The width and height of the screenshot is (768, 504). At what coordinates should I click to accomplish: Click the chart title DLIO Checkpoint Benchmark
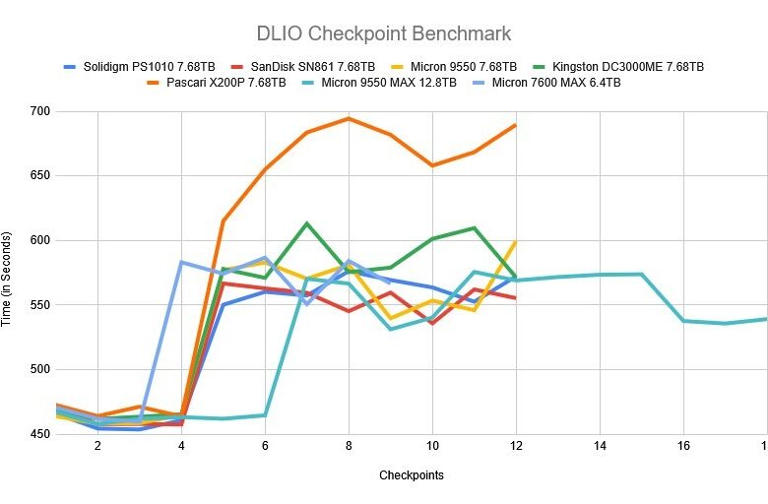pyautogui.click(x=384, y=33)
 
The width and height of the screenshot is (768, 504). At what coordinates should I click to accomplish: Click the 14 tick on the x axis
pyautogui.click(x=599, y=446)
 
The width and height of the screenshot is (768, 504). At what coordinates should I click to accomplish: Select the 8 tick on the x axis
pyautogui.click(x=349, y=446)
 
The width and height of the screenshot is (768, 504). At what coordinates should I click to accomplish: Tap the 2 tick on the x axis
pyautogui.click(x=97, y=446)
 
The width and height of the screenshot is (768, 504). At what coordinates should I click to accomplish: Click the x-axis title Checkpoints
pyautogui.click(x=411, y=475)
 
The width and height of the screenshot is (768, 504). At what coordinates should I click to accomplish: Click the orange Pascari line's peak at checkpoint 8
pyautogui.click(x=349, y=118)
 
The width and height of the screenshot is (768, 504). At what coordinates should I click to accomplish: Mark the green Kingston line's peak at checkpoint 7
pyautogui.click(x=306, y=223)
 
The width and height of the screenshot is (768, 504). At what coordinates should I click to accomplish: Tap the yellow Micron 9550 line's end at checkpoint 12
pyautogui.click(x=515, y=241)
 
